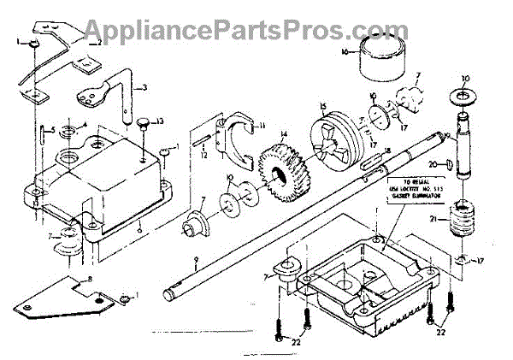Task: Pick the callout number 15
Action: tap(323, 109)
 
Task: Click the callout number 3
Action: tap(144, 87)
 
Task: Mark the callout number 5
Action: tap(51, 130)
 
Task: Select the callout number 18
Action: tap(387, 150)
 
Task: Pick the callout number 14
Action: tap(283, 133)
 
